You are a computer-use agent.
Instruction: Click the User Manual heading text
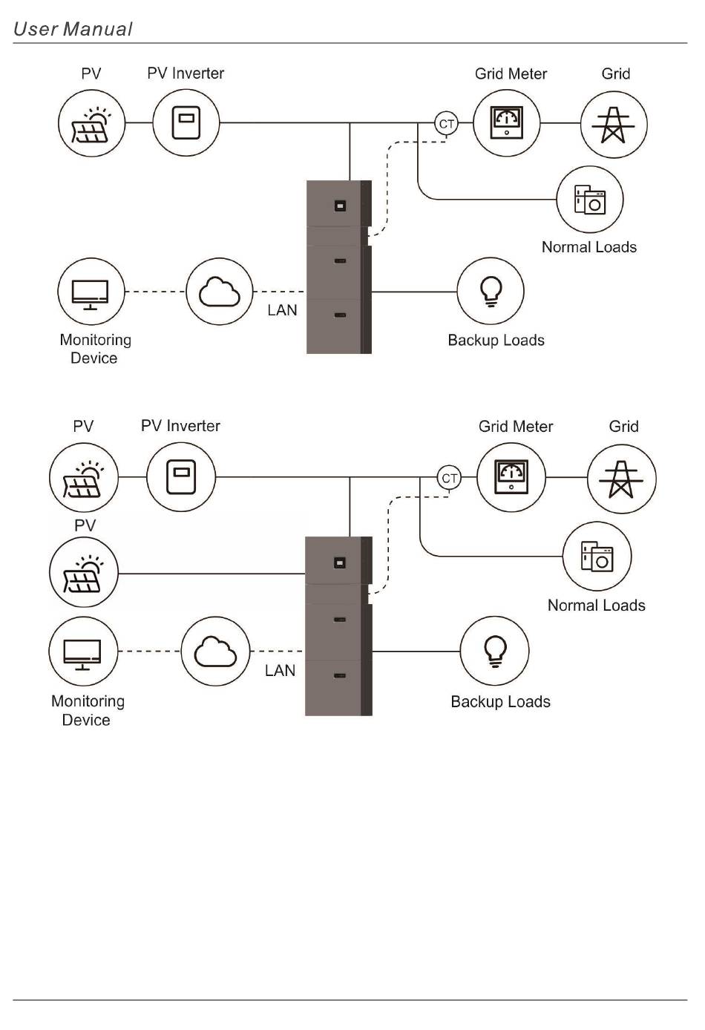point(73,29)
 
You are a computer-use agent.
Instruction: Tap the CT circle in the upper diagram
point(446,124)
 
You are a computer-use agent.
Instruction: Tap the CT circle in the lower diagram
point(449,478)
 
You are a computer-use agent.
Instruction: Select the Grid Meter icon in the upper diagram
point(506,123)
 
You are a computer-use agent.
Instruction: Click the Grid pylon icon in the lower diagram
point(621,479)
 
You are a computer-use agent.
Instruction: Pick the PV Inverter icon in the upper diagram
point(186,122)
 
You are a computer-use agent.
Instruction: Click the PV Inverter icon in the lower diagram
point(181,477)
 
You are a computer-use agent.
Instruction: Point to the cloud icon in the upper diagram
point(220,292)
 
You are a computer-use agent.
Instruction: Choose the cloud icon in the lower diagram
point(215,651)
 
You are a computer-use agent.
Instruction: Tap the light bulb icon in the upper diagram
point(491,291)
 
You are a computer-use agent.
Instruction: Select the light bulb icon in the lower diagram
point(495,651)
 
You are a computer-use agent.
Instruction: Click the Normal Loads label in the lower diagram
point(597,606)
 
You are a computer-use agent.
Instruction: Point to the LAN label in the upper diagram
point(282,310)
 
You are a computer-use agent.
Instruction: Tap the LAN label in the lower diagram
point(280,671)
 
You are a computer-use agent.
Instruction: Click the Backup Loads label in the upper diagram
point(496,341)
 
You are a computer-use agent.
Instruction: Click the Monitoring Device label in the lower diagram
point(88,711)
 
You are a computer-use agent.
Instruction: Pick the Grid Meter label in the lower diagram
point(516,427)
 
